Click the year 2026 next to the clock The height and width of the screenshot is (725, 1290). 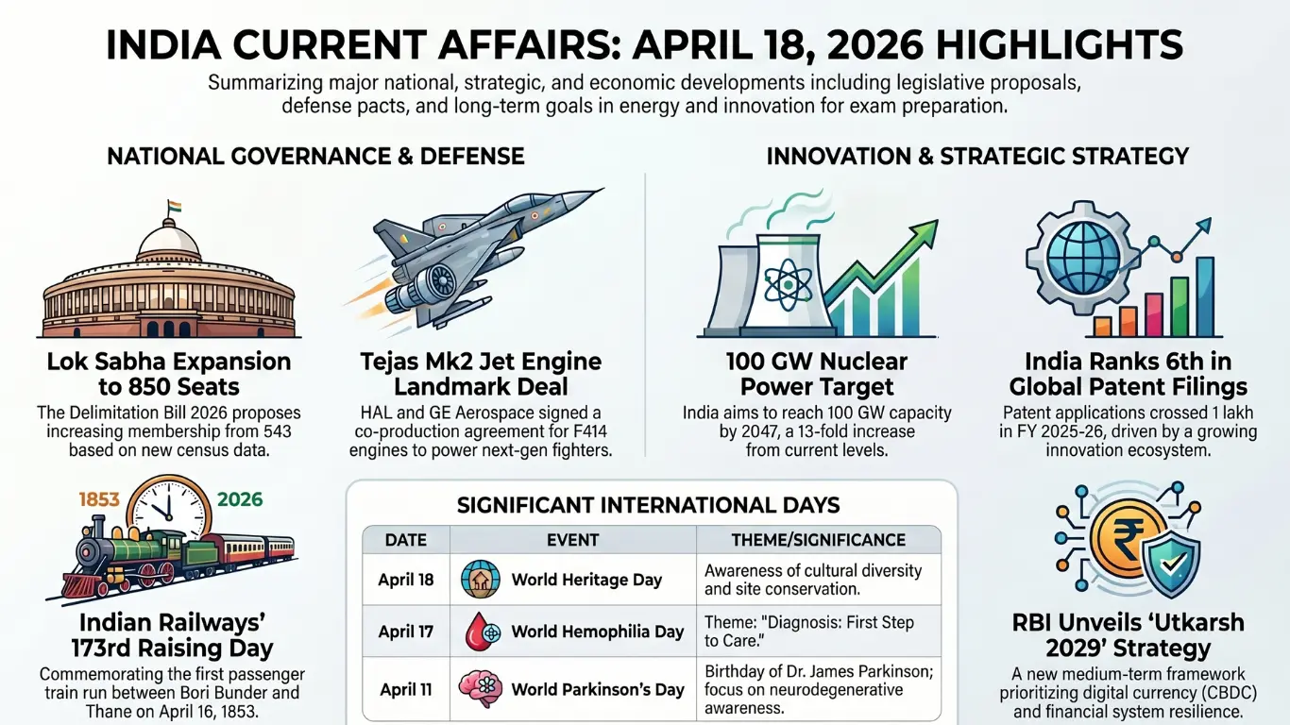tap(239, 498)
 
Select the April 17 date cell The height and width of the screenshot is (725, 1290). tap(406, 632)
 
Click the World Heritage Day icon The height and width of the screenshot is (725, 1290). tap(480, 580)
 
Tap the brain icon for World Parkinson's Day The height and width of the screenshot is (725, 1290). tap(480, 688)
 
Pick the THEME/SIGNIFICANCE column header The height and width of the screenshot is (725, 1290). tap(818, 540)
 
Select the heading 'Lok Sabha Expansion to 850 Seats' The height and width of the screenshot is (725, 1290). tap(169, 374)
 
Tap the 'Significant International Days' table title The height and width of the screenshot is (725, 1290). tap(648, 505)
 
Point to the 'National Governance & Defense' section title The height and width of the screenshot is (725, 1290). tap(315, 156)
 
